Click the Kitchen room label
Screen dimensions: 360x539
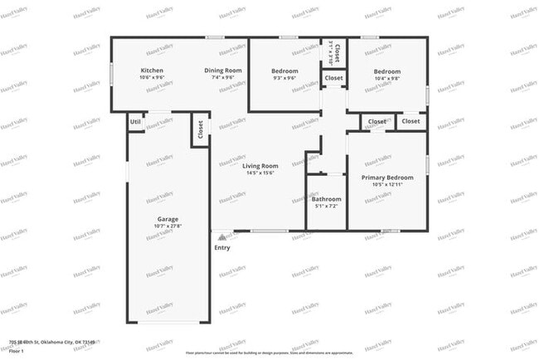[152, 71]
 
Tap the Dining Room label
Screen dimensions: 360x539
[223, 71]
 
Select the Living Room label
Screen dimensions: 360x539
[260, 166]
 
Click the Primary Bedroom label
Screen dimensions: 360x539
[387, 178]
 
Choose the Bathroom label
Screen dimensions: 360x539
[326, 199]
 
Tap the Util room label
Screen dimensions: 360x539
[134, 122]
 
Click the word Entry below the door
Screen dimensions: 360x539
[222, 247]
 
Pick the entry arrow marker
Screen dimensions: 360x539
[221, 236]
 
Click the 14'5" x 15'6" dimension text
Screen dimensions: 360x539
[260, 173]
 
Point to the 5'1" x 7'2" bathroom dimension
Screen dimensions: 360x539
[326, 207]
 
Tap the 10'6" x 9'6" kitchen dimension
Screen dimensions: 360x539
[152, 78]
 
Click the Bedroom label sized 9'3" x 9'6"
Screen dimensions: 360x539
[284, 71]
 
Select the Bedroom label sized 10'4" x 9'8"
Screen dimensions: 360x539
[386, 71]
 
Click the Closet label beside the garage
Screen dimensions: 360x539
[200, 130]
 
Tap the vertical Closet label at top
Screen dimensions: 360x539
[336, 51]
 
